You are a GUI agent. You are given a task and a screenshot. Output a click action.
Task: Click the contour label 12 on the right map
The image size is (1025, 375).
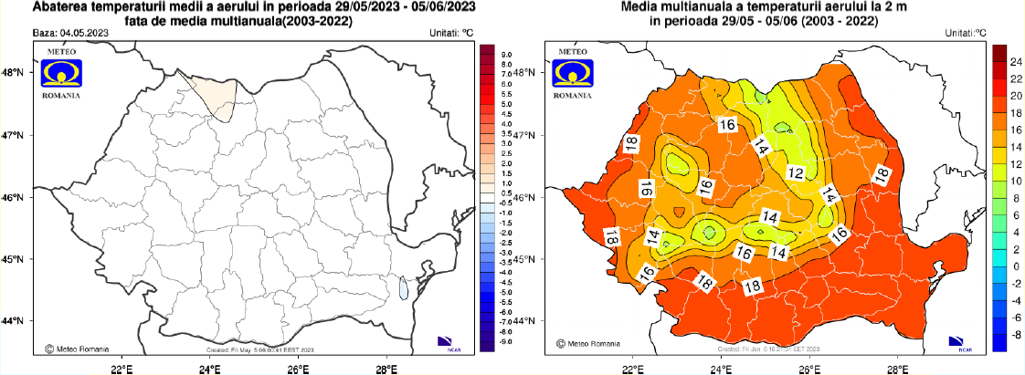click(x=796, y=173)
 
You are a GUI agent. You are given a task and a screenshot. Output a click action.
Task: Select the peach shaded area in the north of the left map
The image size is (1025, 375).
click(x=211, y=97)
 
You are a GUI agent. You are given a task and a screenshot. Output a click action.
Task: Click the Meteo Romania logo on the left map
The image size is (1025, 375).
click(x=60, y=79)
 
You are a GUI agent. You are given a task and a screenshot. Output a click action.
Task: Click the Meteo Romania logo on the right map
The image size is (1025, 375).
click(x=575, y=79)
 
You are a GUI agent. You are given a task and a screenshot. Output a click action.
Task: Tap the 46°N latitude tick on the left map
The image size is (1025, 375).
click(x=14, y=197)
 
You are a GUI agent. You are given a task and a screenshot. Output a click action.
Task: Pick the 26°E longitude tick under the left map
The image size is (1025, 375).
click(x=298, y=369)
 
